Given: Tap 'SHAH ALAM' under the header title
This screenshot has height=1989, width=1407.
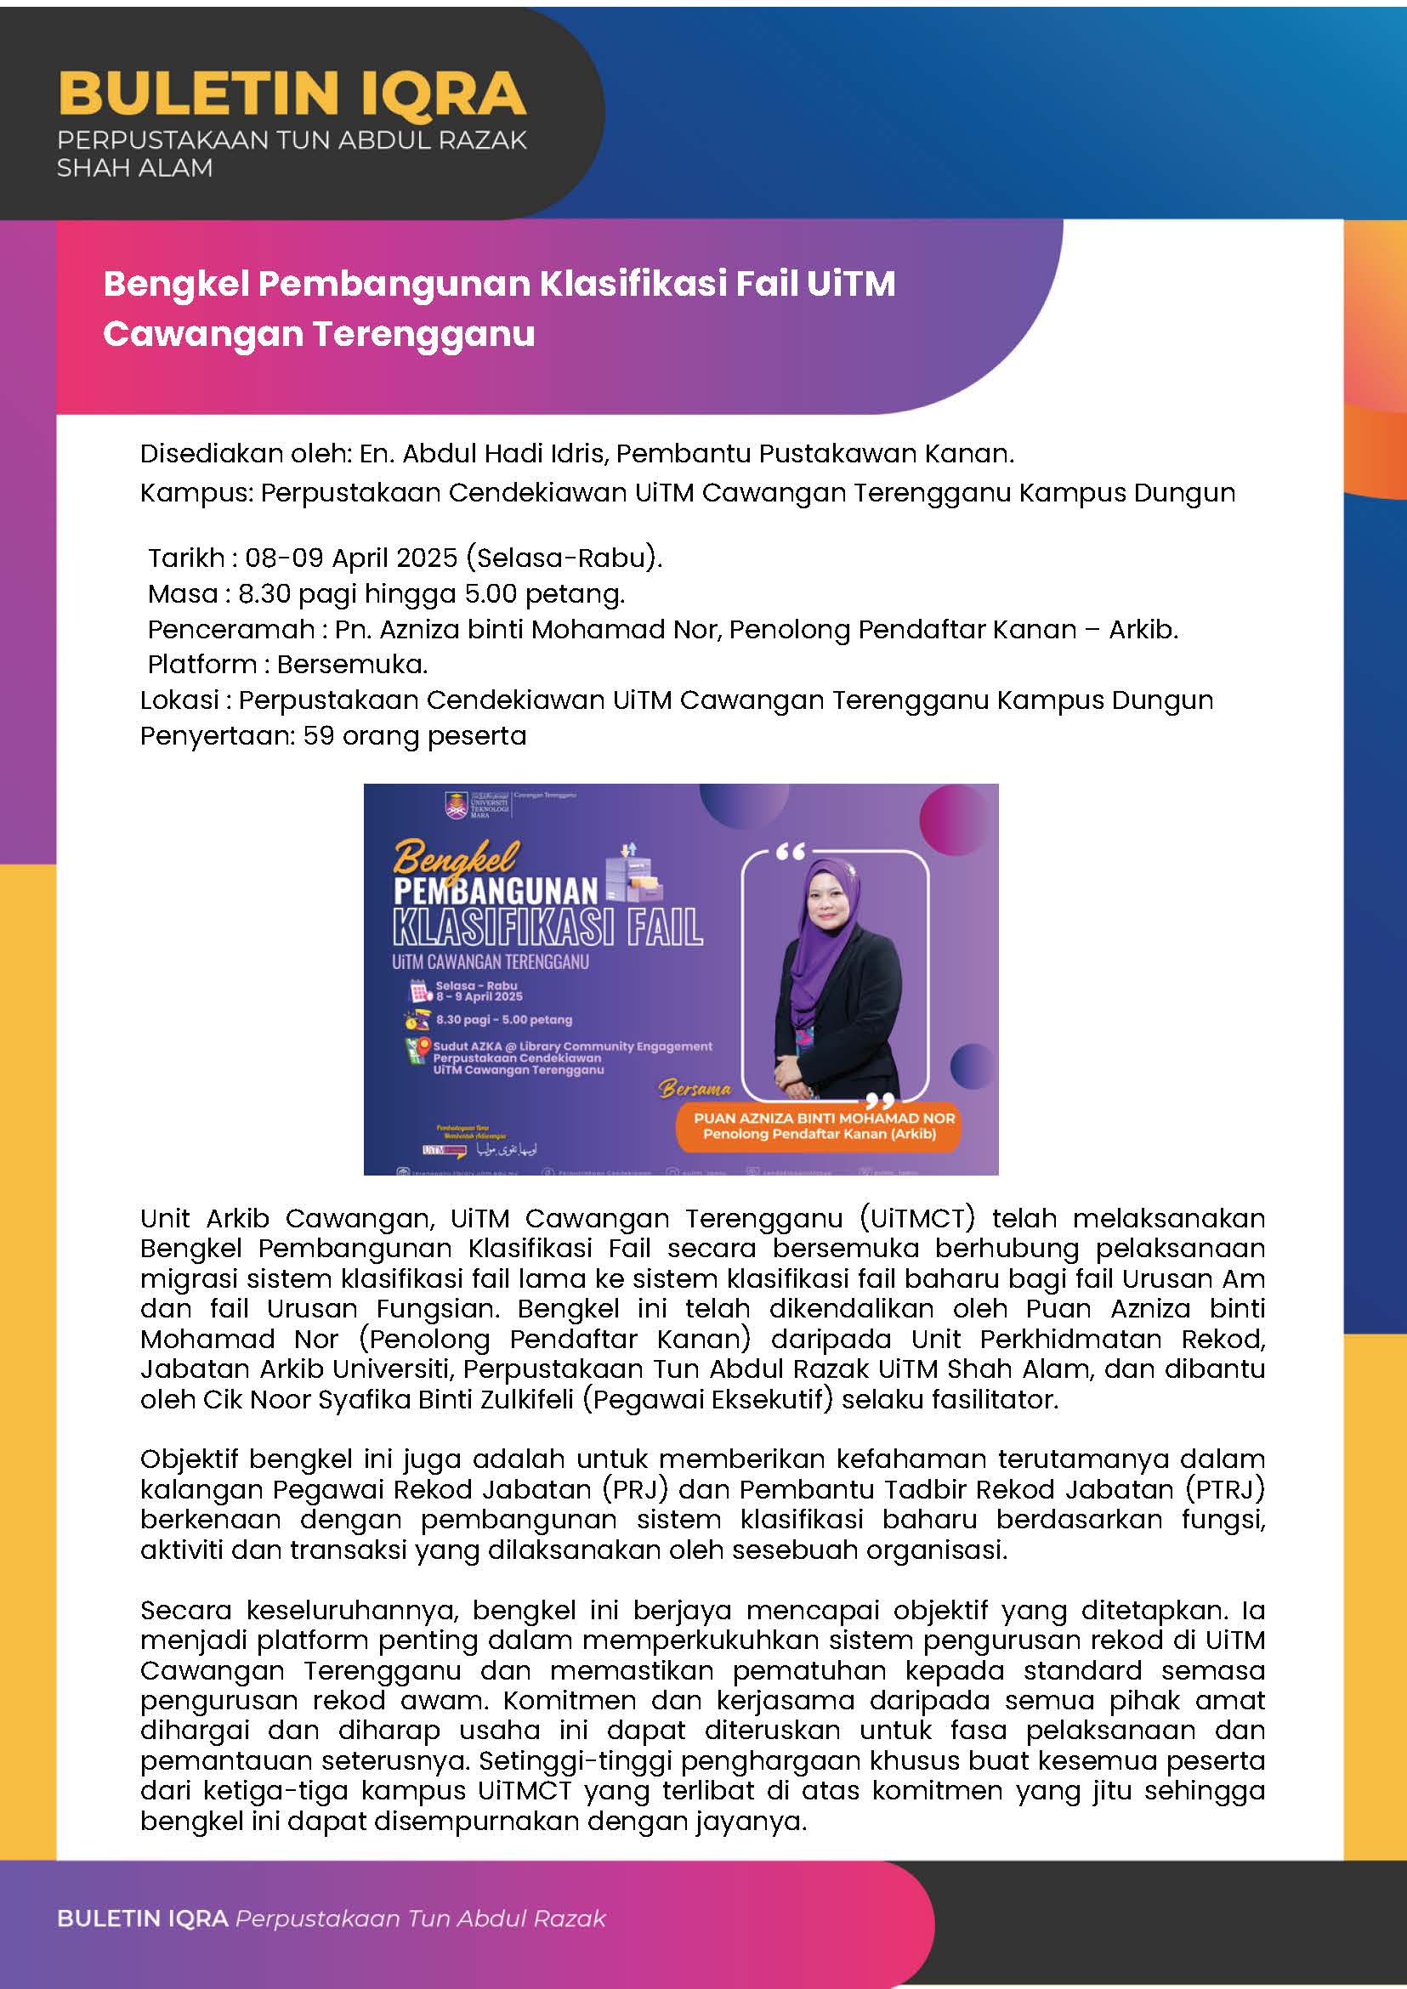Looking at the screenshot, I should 134,168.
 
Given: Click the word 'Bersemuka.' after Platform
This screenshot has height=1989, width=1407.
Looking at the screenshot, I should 353,665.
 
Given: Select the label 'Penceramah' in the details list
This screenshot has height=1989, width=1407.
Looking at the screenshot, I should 231,629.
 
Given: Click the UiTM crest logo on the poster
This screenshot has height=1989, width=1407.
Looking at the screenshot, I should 456,805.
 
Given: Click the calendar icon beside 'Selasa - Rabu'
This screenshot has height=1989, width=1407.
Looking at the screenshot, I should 420,991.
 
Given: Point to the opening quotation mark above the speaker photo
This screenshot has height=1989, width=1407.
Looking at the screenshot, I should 790,853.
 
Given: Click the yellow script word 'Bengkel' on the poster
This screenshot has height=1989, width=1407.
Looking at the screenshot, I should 456,858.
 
